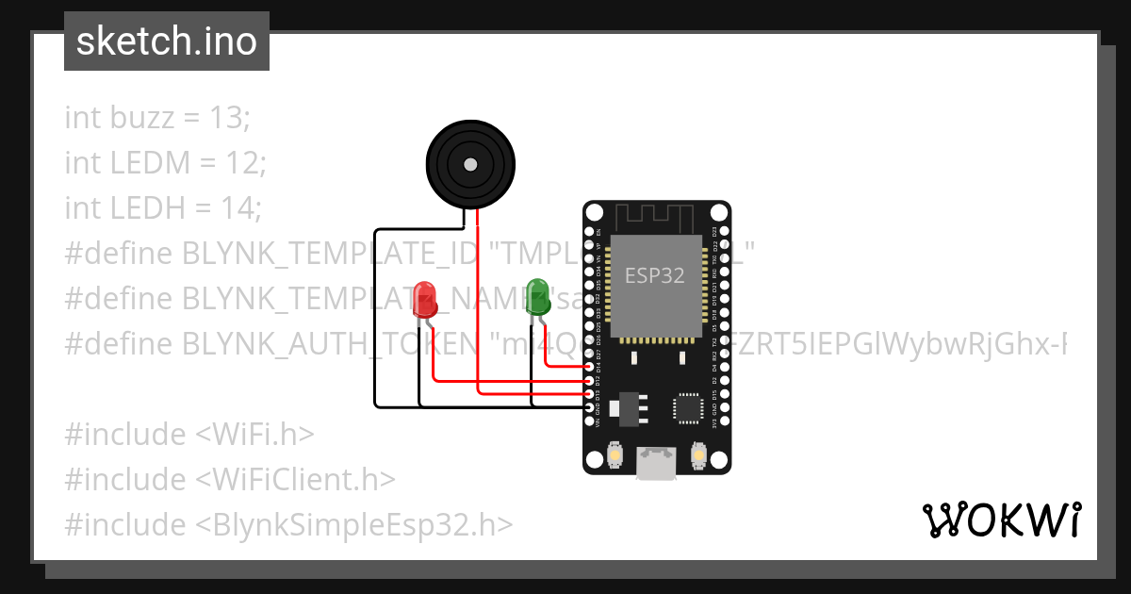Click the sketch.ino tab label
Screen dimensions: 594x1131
pyautogui.click(x=167, y=42)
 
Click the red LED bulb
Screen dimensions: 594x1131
pyautogui.click(x=425, y=297)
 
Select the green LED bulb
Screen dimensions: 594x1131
pyautogui.click(x=537, y=294)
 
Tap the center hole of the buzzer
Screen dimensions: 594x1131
pyautogui.click(x=469, y=164)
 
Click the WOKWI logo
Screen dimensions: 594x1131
pyautogui.click(x=1001, y=520)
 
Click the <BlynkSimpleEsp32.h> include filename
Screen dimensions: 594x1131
pyautogui.click(x=354, y=523)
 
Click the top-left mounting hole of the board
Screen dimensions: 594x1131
pyautogui.click(x=595, y=212)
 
